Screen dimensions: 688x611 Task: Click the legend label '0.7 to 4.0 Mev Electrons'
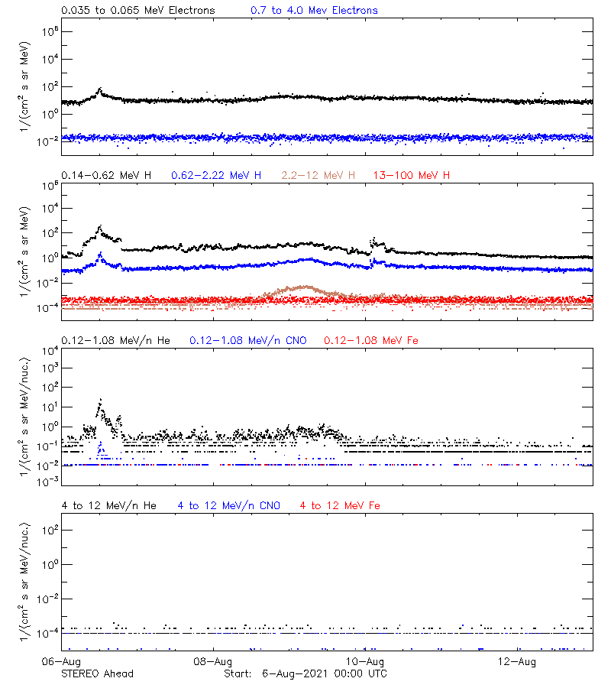tap(314, 11)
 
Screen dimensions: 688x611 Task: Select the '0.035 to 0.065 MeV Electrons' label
tap(138, 11)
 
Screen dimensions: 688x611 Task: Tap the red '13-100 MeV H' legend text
tap(412, 176)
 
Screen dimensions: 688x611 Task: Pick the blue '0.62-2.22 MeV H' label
tap(216, 176)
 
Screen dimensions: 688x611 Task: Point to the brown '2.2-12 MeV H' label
tap(318, 176)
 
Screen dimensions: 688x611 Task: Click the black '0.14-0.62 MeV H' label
tap(106, 176)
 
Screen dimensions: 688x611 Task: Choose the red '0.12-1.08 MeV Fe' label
tap(371, 340)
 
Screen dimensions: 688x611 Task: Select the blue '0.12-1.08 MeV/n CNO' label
tap(248, 340)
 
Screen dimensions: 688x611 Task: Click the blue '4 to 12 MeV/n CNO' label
tap(229, 505)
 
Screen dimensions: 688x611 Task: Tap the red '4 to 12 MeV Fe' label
tap(341, 505)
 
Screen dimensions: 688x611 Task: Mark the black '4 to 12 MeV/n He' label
tap(108, 505)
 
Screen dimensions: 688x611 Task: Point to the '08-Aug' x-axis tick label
tap(213, 661)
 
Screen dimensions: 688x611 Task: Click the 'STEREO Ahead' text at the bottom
tap(97, 673)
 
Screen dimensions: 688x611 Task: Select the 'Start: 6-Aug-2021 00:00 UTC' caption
tap(305, 673)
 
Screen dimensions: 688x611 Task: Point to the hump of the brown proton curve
tap(305, 287)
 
